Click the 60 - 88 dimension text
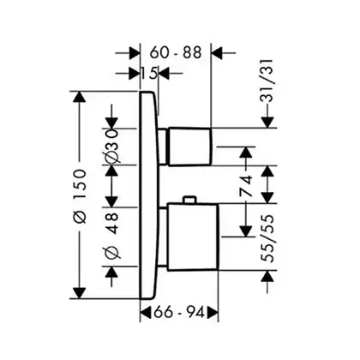tap(176, 52)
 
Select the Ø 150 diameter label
tap(80, 196)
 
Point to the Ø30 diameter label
tap(111, 147)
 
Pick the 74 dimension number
tap(246, 186)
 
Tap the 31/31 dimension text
tap(267, 81)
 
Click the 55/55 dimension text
tap(267, 238)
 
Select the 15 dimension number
tap(148, 74)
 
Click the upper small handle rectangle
tap(190, 147)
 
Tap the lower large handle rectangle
tap(193, 237)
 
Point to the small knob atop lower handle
tap(189, 200)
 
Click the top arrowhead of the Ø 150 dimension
tap(80, 97)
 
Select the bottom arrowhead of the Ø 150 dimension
tap(80, 293)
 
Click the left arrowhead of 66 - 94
tap(146, 312)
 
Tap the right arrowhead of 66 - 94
tap(213, 312)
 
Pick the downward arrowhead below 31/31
tap(267, 123)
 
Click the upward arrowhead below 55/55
tap(267, 276)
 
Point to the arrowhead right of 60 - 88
tap(217, 53)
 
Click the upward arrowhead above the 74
tap(246, 153)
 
